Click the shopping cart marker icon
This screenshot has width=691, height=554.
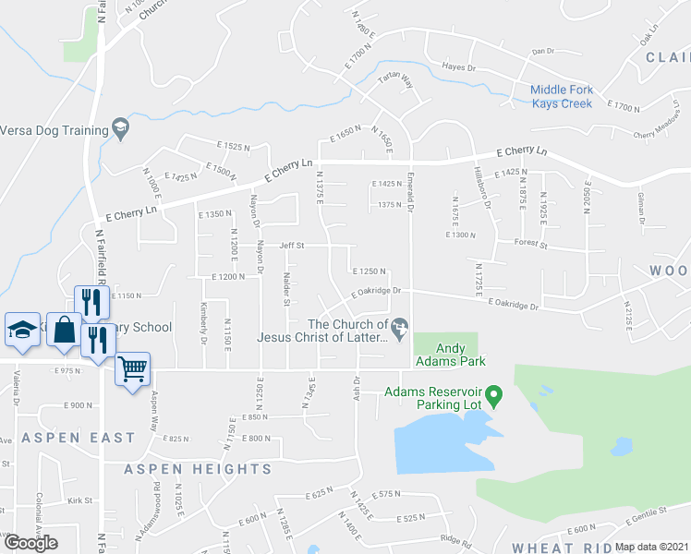(x=133, y=369)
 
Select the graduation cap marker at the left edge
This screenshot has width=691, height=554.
(x=22, y=330)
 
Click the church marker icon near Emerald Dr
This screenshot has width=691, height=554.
(x=400, y=327)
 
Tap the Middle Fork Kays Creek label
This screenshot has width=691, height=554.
(x=574, y=96)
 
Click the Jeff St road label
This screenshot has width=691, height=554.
(x=292, y=246)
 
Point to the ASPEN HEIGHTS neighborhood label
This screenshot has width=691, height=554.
(x=199, y=469)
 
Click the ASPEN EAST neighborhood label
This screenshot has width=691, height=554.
(x=79, y=438)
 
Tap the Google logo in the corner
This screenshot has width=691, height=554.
(x=30, y=543)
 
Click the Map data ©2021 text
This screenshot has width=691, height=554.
(x=651, y=547)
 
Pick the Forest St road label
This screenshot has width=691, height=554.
(x=531, y=246)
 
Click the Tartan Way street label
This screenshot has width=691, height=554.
(x=394, y=82)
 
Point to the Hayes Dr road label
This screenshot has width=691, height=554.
(x=458, y=67)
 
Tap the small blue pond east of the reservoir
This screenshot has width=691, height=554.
(x=621, y=447)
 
